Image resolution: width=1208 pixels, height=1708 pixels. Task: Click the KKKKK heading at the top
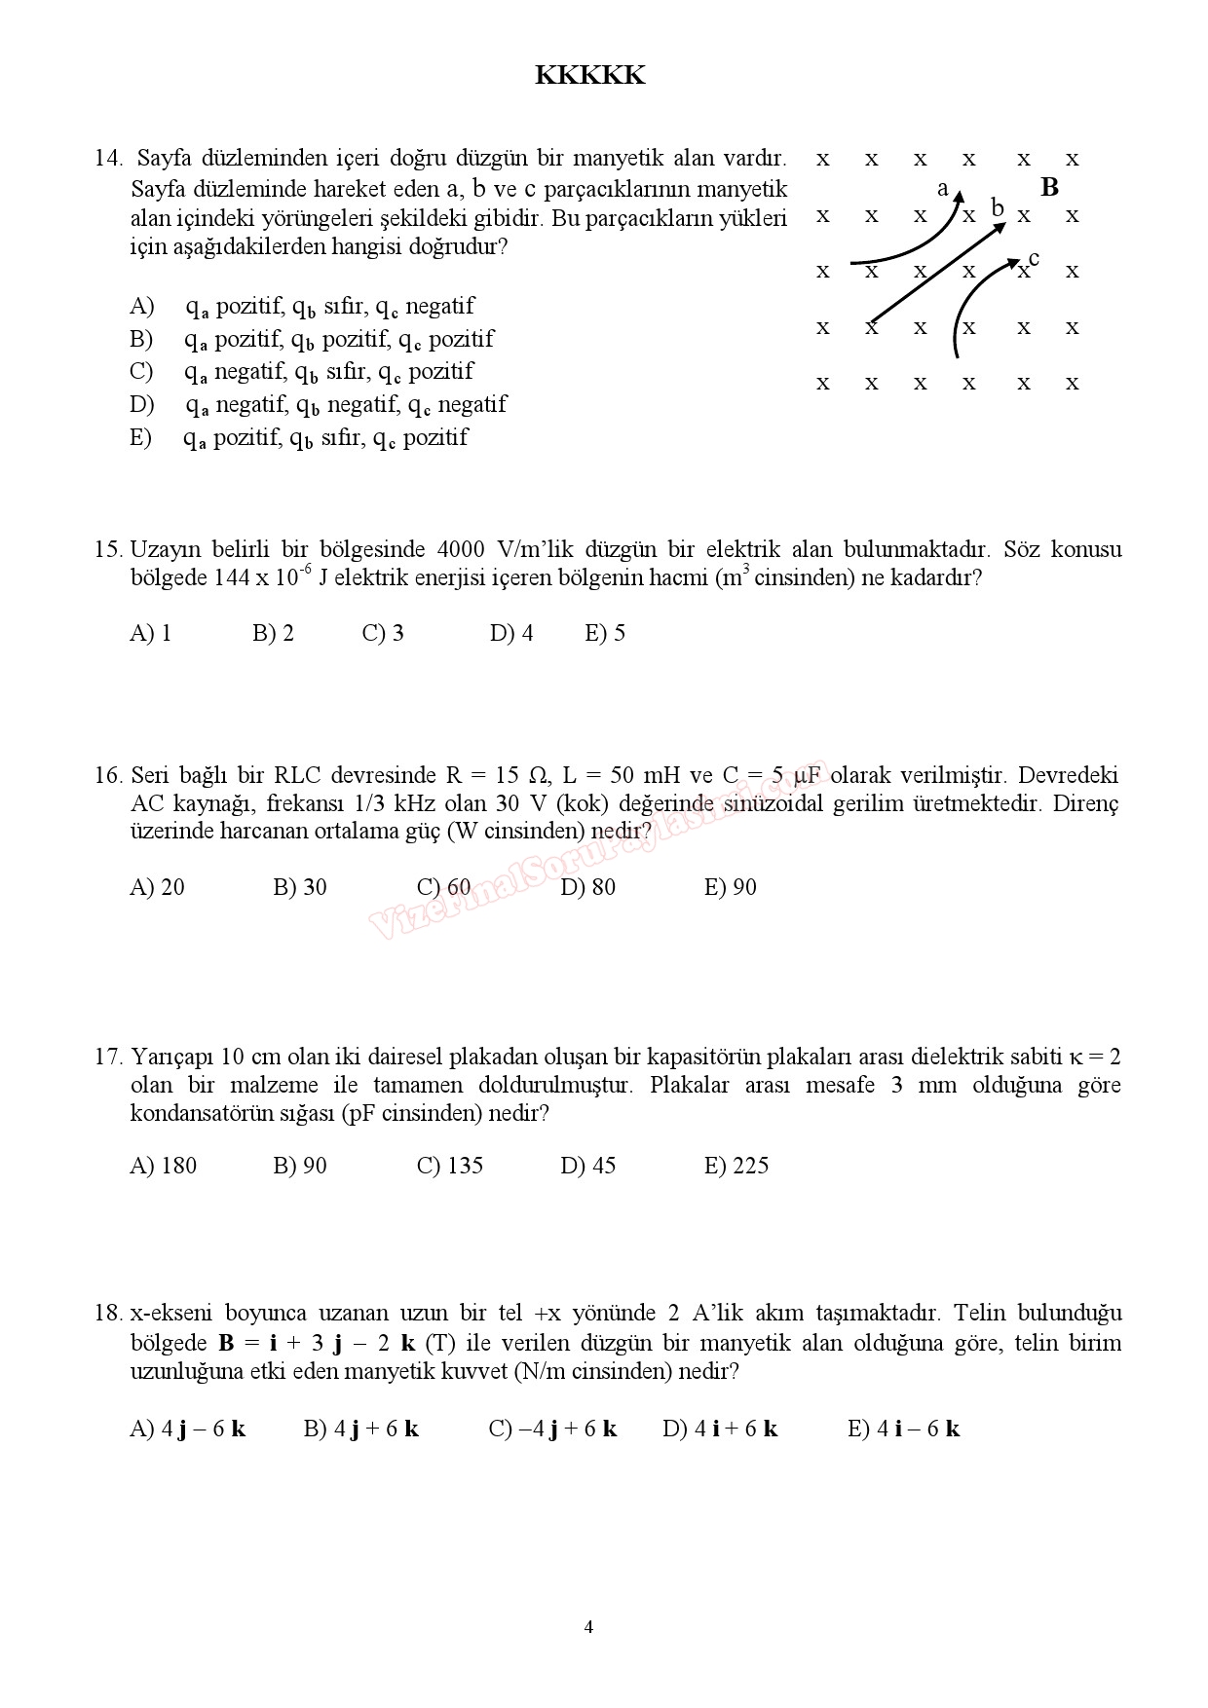589,76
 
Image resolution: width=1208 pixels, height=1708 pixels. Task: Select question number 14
108,159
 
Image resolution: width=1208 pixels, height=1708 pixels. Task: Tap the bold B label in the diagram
1049,187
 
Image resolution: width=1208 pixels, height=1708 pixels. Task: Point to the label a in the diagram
942,189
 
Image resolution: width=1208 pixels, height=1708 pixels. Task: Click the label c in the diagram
1034,258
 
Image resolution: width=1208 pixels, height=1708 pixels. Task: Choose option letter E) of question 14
141,437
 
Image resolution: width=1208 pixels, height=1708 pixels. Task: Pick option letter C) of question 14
142,371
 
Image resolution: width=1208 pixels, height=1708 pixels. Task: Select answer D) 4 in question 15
511,633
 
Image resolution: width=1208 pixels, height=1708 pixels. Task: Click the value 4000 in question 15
461,549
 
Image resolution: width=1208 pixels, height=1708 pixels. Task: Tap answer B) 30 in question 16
300,887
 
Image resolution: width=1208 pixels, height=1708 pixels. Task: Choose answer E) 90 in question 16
730,887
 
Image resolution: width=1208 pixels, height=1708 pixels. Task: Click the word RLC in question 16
296,776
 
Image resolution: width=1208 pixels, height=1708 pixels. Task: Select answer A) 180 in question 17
163,1166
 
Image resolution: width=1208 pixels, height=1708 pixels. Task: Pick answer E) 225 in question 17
736,1166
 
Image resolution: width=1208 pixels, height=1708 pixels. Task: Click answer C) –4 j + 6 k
552,1429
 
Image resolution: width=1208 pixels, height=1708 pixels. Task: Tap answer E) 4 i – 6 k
903,1429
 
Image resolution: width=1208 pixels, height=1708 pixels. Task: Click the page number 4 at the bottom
588,1627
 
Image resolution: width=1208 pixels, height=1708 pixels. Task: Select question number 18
108,1313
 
